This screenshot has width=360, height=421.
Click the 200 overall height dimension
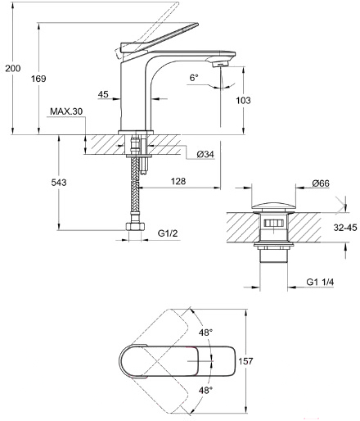click(x=13, y=68)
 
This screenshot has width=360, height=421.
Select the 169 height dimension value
click(x=38, y=79)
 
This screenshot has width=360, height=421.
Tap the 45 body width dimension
click(x=103, y=94)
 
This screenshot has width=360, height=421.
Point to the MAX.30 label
click(x=66, y=111)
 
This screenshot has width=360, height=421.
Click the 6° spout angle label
click(x=194, y=78)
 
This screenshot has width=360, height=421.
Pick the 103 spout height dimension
click(x=243, y=101)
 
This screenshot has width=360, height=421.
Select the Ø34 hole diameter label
click(x=205, y=155)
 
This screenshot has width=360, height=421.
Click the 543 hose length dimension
click(x=59, y=182)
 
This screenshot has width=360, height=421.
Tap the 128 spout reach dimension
click(x=178, y=181)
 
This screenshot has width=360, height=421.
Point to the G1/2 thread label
click(x=168, y=233)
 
